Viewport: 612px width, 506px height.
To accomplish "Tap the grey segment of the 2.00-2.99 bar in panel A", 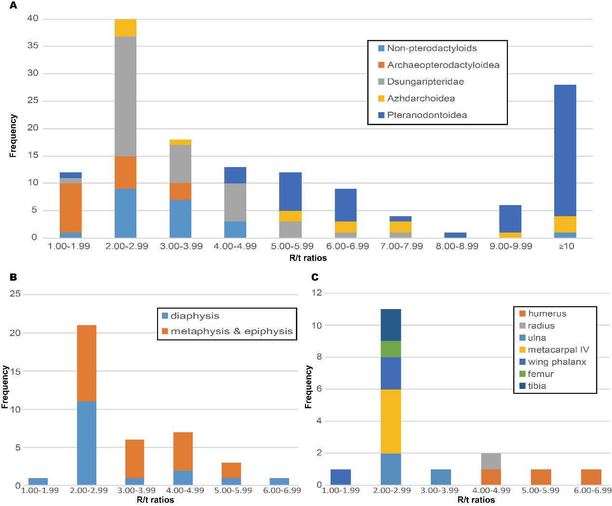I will [125, 96].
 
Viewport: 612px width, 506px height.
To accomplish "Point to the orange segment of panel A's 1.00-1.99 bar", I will [70, 208].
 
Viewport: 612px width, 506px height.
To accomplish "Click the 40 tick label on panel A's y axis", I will [33, 18].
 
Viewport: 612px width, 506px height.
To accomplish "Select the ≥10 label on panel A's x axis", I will [566, 246].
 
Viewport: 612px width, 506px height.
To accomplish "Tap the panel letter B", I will [13, 277].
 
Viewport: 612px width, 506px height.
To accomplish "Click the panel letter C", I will [315, 277].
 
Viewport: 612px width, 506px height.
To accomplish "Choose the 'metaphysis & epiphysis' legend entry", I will [231, 331].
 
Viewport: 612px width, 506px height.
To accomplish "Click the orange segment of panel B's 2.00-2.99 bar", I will [87, 363].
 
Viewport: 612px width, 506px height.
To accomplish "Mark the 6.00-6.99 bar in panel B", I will [279, 481].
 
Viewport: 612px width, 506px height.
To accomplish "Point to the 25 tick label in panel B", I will [15, 293].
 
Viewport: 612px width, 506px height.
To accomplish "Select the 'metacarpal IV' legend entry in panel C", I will [558, 350].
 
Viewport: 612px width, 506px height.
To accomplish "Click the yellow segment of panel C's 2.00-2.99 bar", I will [391, 421].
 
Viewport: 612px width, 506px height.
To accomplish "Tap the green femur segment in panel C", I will [391, 349].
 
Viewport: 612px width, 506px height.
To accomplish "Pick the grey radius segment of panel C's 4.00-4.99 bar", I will [491, 461].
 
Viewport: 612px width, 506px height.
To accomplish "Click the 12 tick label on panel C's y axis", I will [317, 293].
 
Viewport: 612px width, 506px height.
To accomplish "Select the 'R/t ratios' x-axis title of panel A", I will [308, 258].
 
